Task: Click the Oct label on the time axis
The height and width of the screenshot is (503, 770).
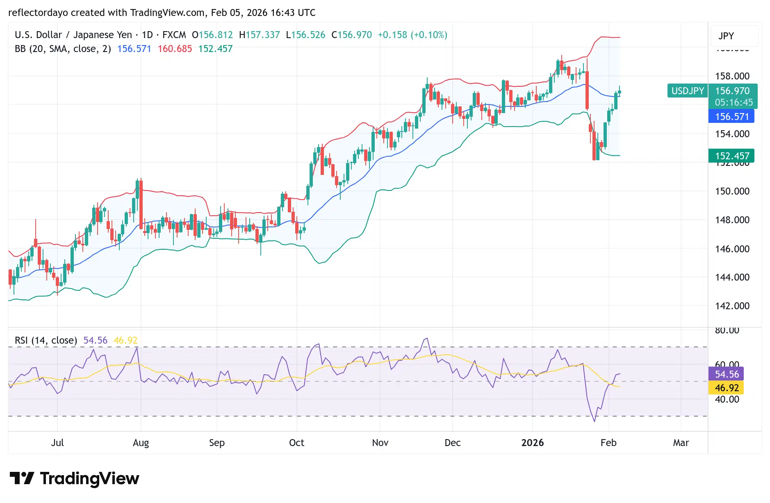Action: pos(296,443)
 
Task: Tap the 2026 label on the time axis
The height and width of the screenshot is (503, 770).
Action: pos(532,443)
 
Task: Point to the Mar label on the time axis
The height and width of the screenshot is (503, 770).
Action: pos(681,443)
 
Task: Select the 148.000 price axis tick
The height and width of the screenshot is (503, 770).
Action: pos(732,220)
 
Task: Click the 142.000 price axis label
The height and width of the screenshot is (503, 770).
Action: pos(732,306)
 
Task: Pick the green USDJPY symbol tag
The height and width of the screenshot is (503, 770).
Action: pos(688,91)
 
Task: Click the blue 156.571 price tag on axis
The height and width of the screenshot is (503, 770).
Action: pos(731,117)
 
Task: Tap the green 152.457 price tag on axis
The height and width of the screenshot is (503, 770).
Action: pos(731,156)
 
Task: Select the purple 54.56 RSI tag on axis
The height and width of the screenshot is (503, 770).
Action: pos(727,374)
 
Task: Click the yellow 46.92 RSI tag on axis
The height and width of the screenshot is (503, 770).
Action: pos(727,388)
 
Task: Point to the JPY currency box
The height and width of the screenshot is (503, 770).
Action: pos(726,36)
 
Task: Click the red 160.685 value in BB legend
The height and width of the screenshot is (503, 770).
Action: pos(175,49)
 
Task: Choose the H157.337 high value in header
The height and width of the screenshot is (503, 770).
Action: pos(260,35)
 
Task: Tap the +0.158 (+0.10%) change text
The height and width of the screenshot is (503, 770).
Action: pos(412,35)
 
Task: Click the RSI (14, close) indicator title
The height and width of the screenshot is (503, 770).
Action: pos(46,340)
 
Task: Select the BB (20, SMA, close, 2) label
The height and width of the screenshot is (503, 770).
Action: pos(63,49)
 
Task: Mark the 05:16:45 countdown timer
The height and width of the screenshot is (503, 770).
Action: pos(734,102)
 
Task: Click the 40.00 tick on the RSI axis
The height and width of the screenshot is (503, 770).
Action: pos(727,399)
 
